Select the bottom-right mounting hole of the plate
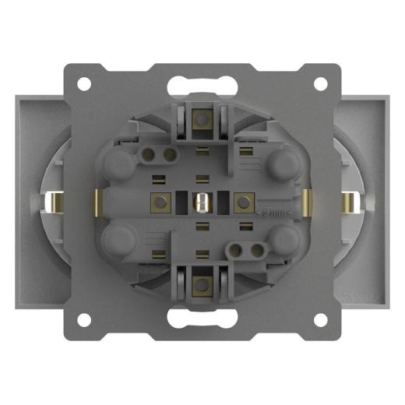pos(320,320)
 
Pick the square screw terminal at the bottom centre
pos(202,283)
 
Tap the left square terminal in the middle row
pos(161,202)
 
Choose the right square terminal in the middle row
pos(244,202)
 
